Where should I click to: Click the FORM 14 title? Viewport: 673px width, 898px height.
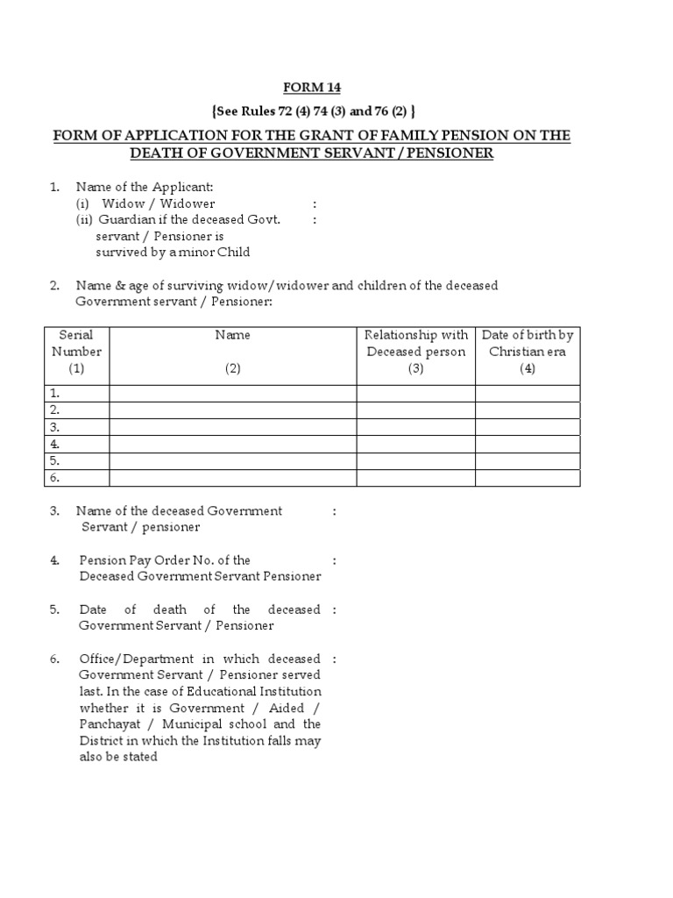[311, 87]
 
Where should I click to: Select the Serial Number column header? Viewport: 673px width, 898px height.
[76, 351]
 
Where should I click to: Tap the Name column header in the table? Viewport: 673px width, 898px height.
[232, 335]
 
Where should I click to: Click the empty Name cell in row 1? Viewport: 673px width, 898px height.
[232, 393]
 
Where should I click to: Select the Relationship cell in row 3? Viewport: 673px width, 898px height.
[415, 427]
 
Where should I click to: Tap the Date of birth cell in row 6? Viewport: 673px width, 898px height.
[527, 478]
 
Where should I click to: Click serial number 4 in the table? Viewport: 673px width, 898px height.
[54, 444]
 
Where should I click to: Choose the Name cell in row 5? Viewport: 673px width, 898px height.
[232, 460]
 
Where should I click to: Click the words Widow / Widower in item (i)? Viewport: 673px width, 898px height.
[159, 203]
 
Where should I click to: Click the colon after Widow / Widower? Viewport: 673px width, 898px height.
[315, 203]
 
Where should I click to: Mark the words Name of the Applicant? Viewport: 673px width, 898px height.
[145, 187]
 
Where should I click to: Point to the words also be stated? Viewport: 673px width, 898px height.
[118, 757]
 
